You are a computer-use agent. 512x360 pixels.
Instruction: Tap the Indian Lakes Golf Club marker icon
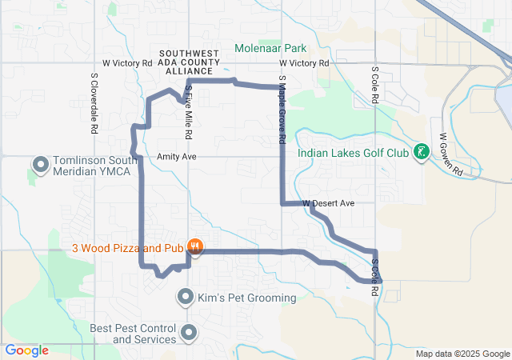point(421,152)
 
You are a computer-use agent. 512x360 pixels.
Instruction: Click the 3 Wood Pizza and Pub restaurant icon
point(193,246)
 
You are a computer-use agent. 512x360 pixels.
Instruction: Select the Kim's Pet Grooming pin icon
point(186,298)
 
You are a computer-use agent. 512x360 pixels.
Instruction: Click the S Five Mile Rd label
point(189,109)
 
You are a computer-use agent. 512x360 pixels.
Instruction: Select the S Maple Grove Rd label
point(282,110)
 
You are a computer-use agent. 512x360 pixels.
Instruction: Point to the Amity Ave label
point(177,157)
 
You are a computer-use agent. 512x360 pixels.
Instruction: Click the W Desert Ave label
point(328,203)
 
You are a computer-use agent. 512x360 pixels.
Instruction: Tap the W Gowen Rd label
point(452,154)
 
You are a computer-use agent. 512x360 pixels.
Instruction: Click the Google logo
point(26,350)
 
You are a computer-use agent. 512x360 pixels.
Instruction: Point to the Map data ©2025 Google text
point(462,354)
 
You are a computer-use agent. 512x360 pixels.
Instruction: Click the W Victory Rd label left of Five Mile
point(127,62)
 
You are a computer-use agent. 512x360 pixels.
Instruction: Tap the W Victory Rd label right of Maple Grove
point(304,62)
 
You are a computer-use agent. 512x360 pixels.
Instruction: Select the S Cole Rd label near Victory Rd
point(374,86)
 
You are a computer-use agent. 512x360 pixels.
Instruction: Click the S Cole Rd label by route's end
point(374,277)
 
